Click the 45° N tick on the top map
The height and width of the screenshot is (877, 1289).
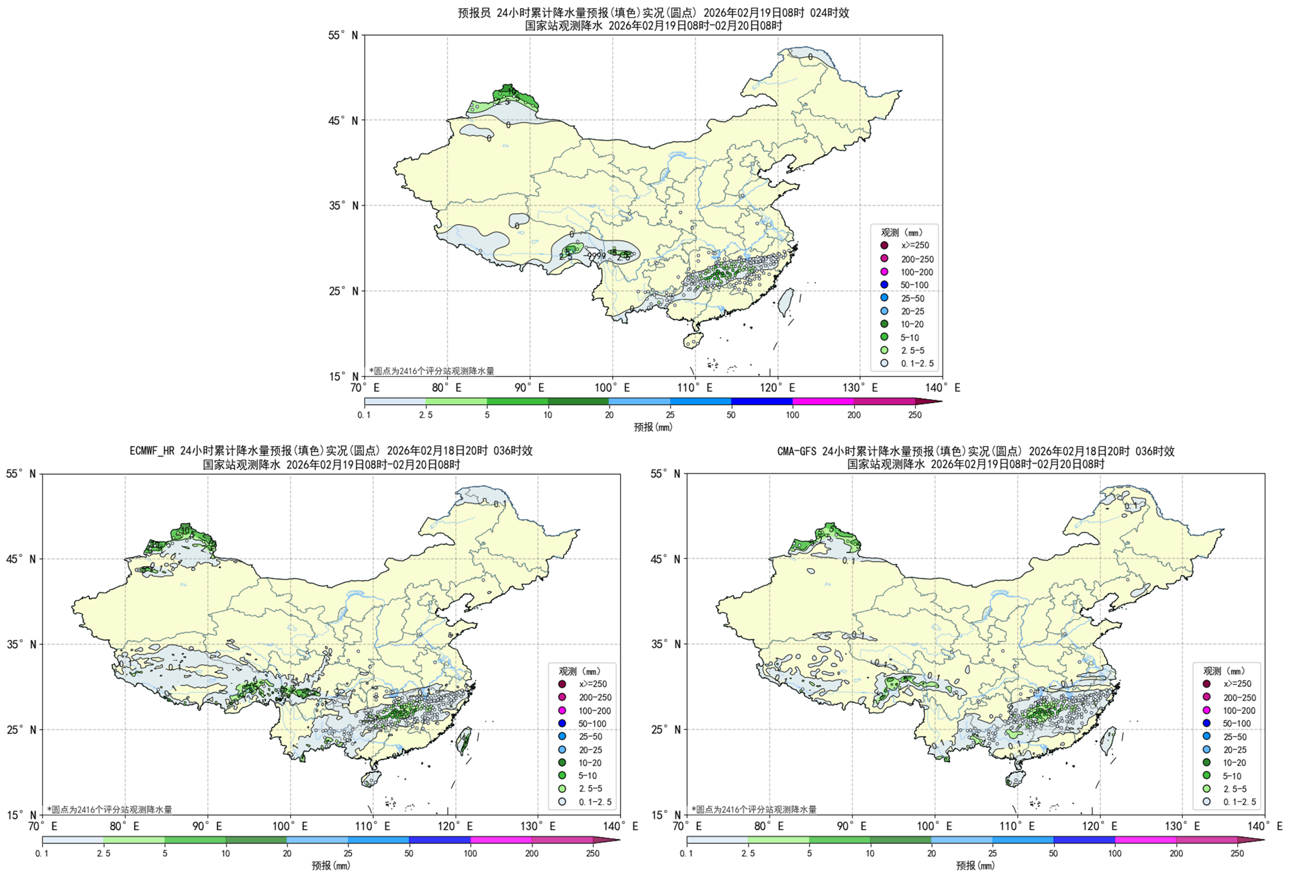343,120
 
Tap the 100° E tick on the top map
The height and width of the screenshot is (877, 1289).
612,388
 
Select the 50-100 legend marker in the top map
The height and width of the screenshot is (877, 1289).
884,285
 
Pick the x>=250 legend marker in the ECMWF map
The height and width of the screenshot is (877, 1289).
562,684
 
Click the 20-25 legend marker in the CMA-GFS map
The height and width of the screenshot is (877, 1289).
1206,749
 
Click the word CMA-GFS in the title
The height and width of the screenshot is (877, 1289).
797,451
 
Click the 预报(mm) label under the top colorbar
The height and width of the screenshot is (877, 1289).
653,427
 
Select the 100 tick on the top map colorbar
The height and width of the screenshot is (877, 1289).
792,415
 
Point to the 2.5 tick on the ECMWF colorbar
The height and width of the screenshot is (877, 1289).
103,853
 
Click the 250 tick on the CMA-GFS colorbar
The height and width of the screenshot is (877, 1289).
1237,853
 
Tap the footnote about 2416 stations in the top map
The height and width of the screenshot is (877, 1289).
432,371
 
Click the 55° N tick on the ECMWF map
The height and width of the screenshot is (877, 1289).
21,474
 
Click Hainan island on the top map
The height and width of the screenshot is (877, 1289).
692,340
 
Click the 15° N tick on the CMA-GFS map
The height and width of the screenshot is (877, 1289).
665,815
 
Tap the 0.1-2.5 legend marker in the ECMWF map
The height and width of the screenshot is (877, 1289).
562,802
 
